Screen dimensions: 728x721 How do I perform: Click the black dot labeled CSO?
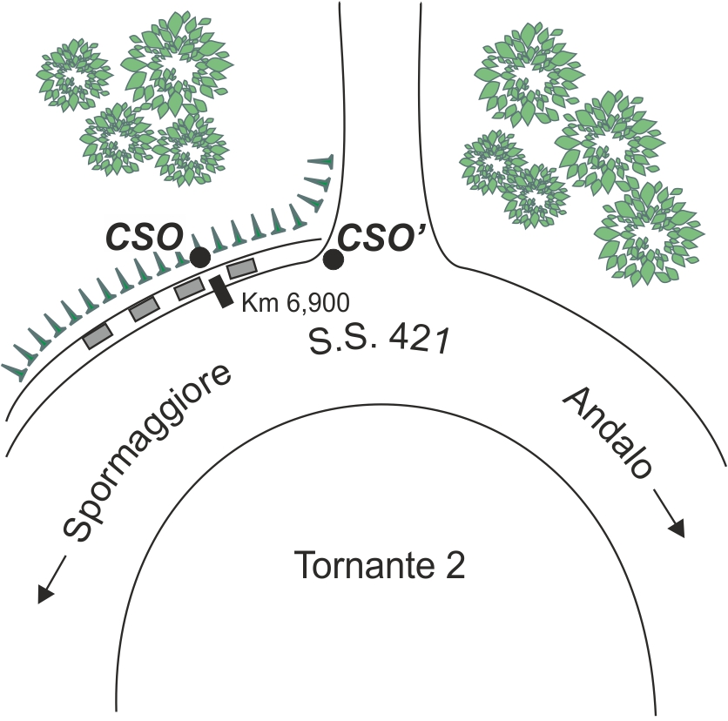(200, 257)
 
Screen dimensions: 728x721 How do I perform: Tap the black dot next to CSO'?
(334, 259)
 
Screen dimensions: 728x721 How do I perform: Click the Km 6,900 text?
(296, 303)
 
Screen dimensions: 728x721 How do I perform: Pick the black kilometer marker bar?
(221, 291)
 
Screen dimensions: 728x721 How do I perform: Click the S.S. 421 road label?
(379, 341)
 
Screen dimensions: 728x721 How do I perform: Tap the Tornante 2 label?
(380, 565)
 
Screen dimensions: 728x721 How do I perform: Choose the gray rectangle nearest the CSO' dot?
(241, 269)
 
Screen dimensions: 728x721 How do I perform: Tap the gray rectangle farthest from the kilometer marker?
(98, 336)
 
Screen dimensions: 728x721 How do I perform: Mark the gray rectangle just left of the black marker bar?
(190, 290)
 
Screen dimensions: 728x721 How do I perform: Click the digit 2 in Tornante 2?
(455, 565)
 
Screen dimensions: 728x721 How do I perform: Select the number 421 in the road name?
(419, 340)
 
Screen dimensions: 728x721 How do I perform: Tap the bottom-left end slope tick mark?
(15, 371)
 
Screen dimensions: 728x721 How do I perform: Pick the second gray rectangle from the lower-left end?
(144, 309)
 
